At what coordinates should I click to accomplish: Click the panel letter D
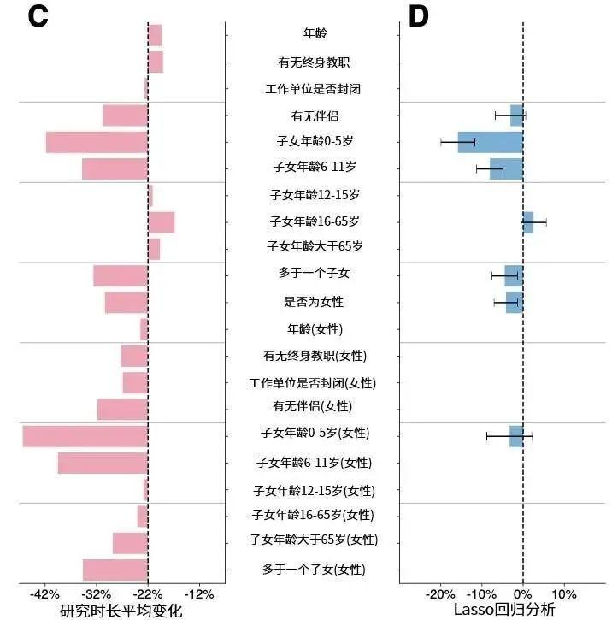coord(418,17)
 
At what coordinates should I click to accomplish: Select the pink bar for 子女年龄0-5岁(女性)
coord(85,436)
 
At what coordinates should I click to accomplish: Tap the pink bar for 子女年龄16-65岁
coord(161,222)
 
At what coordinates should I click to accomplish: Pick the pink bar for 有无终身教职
coord(155,62)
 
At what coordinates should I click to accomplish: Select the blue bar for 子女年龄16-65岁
coord(528,222)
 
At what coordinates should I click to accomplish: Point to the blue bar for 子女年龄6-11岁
coord(506,168)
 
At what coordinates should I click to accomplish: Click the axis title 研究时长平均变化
coord(121,611)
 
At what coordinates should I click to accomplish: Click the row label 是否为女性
coord(314,302)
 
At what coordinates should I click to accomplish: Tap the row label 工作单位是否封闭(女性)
coord(312,382)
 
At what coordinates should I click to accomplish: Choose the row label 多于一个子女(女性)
coord(314,570)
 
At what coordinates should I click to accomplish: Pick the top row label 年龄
coord(315,34)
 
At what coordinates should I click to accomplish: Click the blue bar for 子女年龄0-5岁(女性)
coord(516,436)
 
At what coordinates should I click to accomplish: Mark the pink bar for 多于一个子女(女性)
coord(115,570)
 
